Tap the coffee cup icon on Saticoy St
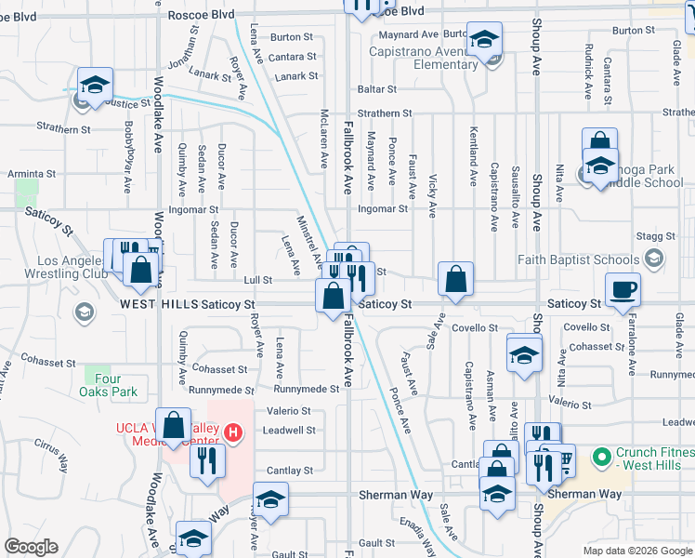pos(622,288)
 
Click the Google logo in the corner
pos(31,547)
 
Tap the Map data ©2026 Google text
pos(636,551)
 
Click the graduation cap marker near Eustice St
pos(95,84)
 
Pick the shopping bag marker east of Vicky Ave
pos(456,279)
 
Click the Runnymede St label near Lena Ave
pos(307,390)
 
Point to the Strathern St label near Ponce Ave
pos(378,113)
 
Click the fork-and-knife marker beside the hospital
pos(207,460)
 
